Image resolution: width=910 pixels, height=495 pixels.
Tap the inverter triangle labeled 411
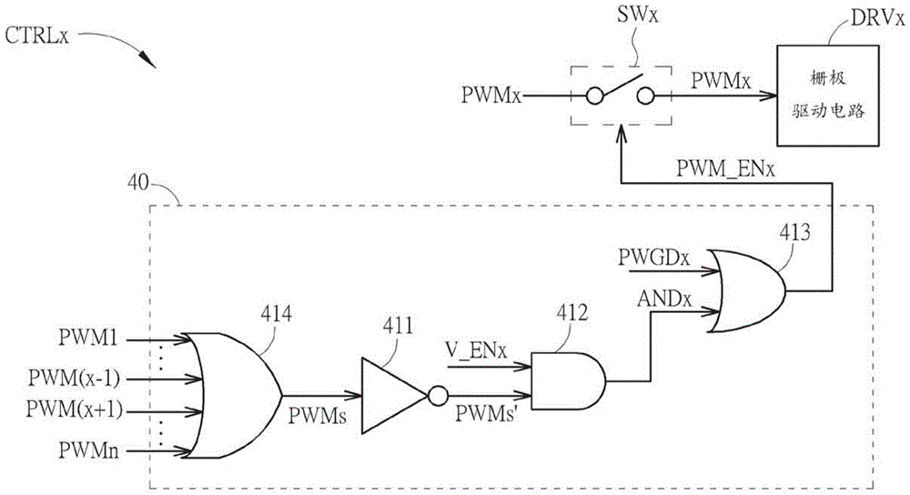coord(391,393)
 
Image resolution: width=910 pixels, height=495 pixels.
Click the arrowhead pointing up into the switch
coord(621,135)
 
